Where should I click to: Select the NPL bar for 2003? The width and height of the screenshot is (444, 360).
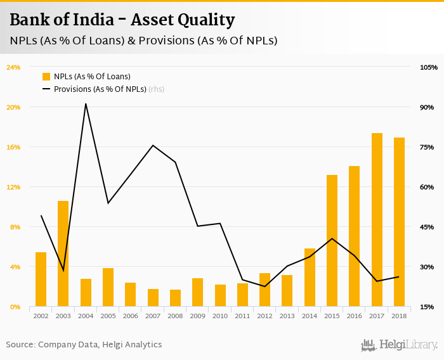coord(63,254)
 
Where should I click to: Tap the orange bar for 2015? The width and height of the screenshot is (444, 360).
coord(332,241)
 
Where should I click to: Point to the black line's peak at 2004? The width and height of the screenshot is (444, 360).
coord(86,104)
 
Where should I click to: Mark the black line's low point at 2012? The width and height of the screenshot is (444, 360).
coord(264,286)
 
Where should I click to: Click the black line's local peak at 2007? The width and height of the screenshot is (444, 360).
coord(153,146)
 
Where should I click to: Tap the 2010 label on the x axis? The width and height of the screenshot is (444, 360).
coord(220,315)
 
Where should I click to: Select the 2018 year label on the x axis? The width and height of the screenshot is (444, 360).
coord(399,315)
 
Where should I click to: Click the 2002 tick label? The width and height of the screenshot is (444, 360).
coord(41,315)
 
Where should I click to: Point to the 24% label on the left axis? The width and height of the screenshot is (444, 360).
coord(13,67)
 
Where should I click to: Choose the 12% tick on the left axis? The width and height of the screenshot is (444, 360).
coord(13,187)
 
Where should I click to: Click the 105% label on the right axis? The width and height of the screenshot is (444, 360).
coord(429,67)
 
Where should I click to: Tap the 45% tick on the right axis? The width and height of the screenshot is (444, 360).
coord(427,227)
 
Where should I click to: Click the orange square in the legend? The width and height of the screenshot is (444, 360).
coord(46,77)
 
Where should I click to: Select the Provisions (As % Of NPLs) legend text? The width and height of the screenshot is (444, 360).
coord(100,89)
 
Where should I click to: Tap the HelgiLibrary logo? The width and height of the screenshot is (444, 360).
coord(399,345)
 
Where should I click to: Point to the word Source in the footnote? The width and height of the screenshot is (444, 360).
coord(20,345)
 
